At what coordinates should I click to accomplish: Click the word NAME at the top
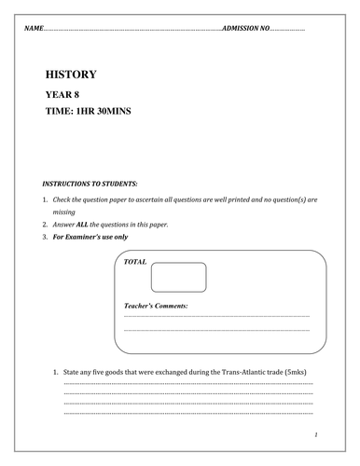click(34, 30)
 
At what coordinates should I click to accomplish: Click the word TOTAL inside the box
click(135, 264)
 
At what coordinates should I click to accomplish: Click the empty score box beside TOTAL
click(177, 277)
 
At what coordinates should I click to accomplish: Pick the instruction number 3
click(45, 239)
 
